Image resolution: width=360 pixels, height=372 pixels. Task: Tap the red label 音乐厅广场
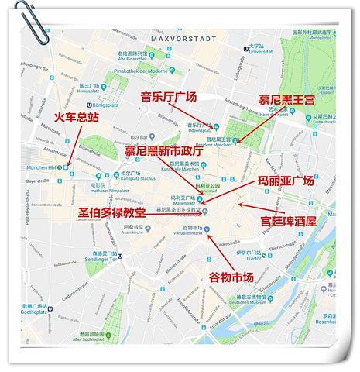pyautogui.click(x=169, y=97)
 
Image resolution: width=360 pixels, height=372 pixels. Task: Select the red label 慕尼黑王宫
pyautogui.click(x=286, y=99)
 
